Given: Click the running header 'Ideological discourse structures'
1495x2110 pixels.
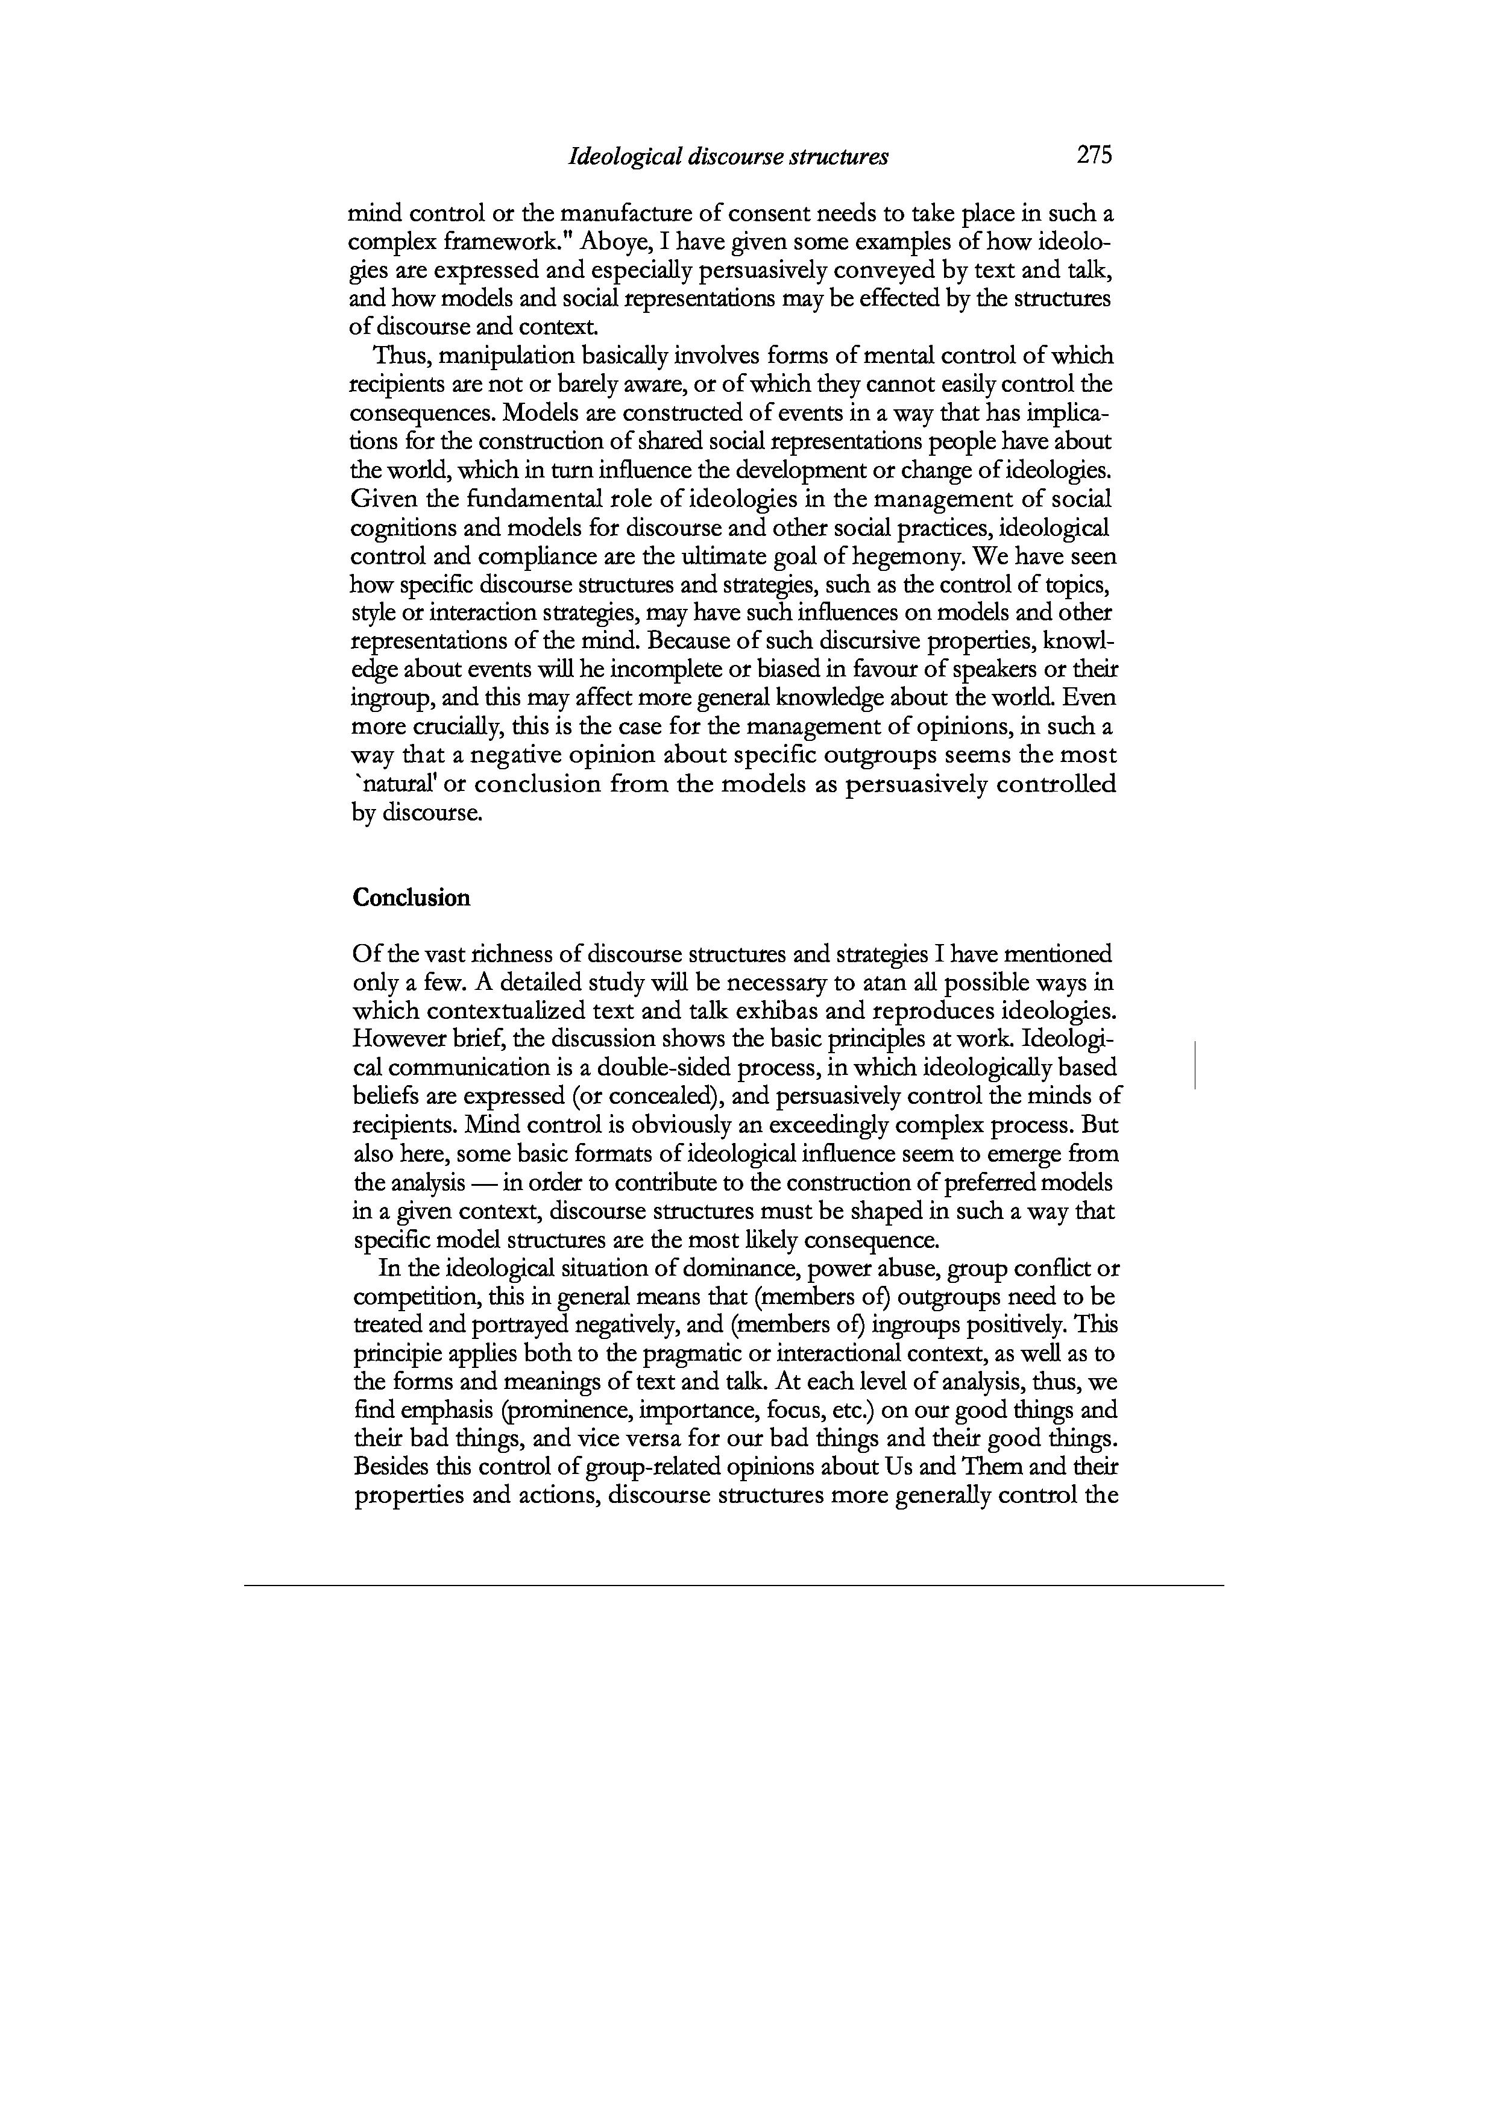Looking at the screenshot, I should point(729,157).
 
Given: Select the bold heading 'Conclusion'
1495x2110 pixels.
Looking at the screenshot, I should point(412,898).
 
